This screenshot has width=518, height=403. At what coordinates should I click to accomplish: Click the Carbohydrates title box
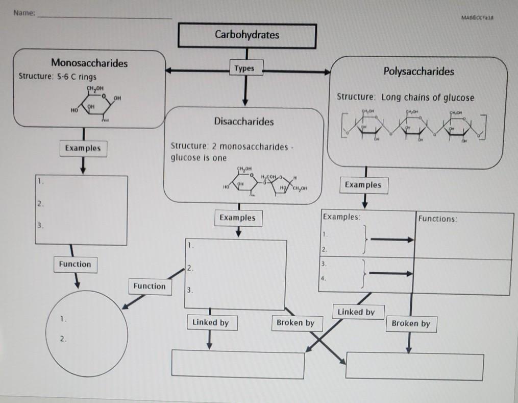(x=247, y=35)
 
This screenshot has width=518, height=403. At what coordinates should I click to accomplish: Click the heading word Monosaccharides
(x=89, y=63)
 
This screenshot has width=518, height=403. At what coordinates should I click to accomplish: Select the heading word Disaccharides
(x=243, y=122)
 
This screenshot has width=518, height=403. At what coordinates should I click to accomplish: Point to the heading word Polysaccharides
(x=418, y=72)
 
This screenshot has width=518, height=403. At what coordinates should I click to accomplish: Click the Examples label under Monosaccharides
(x=83, y=148)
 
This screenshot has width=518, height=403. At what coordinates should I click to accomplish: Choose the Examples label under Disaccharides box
(x=237, y=218)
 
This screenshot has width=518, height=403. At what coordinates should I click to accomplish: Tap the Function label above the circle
(x=75, y=264)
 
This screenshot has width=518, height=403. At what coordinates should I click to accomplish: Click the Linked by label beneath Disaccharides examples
(x=210, y=323)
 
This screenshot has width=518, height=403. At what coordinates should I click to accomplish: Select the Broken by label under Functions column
(x=411, y=323)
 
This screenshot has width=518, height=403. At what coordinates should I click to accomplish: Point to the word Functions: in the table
(x=437, y=219)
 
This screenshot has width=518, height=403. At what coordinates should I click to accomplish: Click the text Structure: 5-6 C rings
(x=57, y=77)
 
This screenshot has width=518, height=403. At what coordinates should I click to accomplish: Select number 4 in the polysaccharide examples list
(x=323, y=279)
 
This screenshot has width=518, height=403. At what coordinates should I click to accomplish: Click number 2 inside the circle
(x=62, y=339)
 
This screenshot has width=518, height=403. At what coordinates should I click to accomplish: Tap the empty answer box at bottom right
(x=414, y=366)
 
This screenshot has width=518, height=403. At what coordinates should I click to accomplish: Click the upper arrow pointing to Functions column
(x=391, y=239)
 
